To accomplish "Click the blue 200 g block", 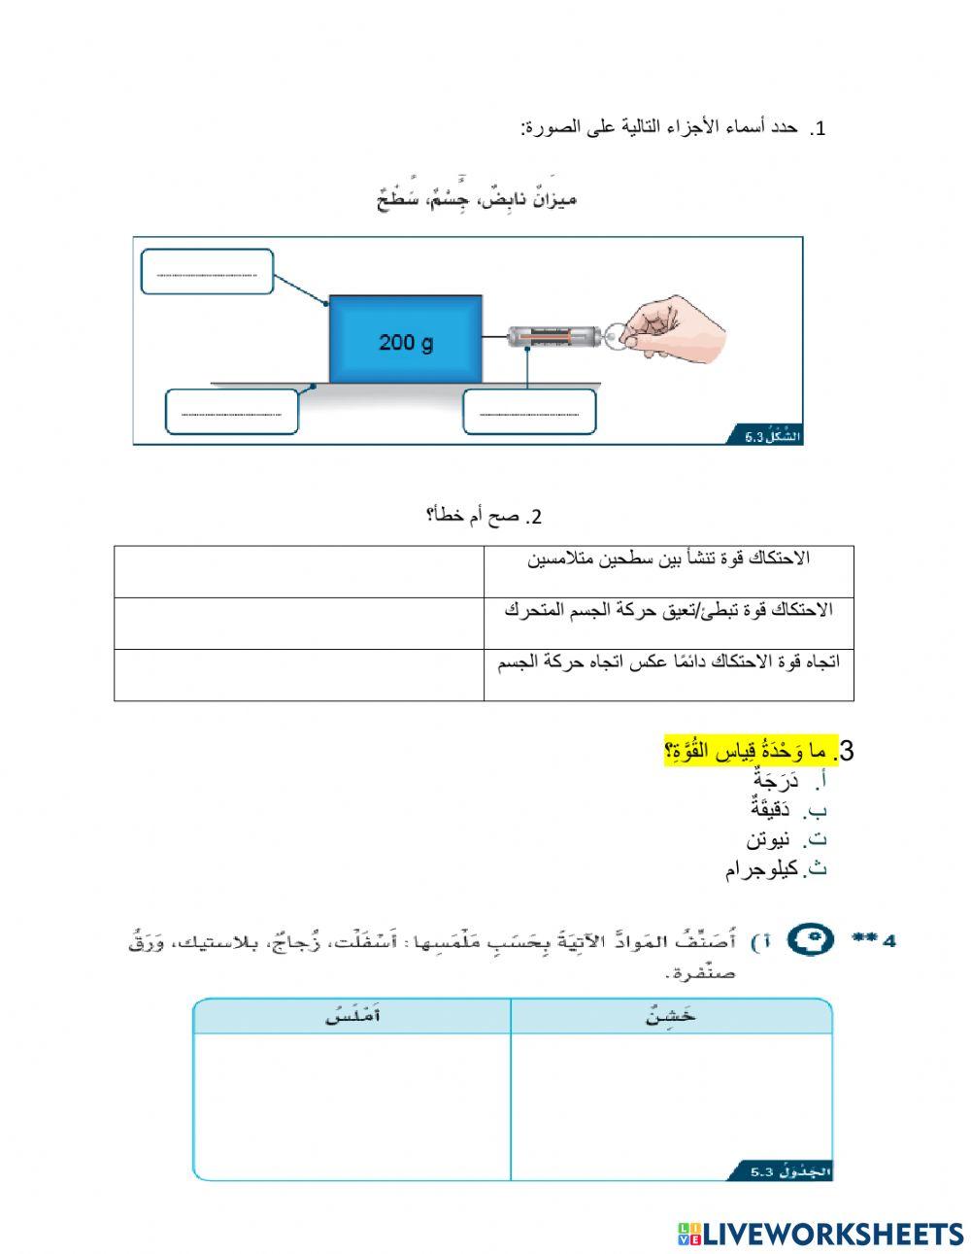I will [x=405, y=339].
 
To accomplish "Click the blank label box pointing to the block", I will [x=207, y=272].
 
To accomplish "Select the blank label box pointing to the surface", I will [x=232, y=412].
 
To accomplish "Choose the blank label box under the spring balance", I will [x=529, y=412].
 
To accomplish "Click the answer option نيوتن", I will [x=769, y=839].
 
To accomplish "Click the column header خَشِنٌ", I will [x=671, y=1017].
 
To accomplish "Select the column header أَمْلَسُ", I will [x=352, y=1017].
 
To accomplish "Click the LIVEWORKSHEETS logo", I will [x=820, y=1234].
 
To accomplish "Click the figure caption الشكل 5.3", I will [x=772, y=437].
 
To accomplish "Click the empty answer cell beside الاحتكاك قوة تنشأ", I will [x=299, y=571].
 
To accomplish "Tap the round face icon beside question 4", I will [x=809, y=940].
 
